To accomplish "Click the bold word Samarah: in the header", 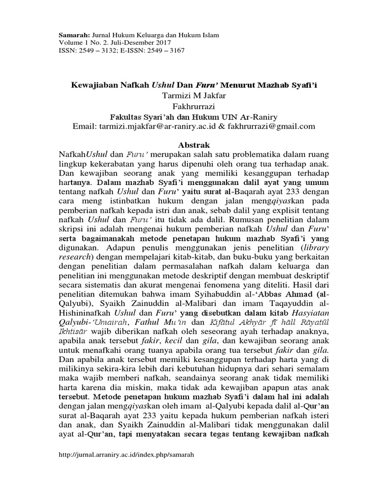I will (x=72, y=35).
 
